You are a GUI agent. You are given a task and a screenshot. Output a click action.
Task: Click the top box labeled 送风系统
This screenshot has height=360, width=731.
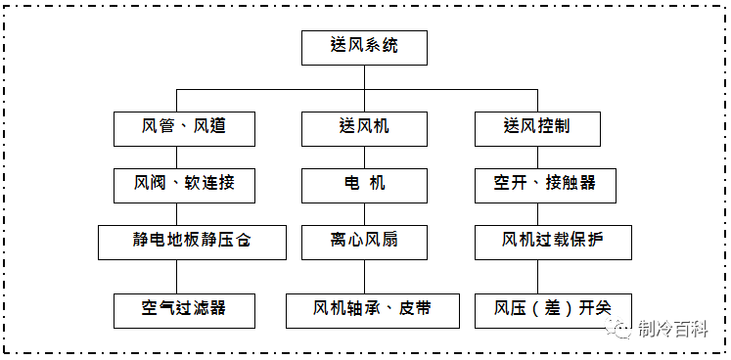point(364,46)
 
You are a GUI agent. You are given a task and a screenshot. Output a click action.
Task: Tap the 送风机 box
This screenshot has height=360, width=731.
point(364,127)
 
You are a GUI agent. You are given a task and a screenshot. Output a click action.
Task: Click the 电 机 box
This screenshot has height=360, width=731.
point(364,184)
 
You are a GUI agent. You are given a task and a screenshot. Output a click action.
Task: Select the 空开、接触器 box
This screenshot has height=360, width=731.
point(545,184)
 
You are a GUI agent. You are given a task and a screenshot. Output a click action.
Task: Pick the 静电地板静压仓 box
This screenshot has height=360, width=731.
point(192,241)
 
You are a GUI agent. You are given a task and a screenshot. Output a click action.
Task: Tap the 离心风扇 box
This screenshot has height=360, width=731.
point(364,241)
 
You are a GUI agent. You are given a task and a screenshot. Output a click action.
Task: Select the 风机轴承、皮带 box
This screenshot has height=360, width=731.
point(372,309)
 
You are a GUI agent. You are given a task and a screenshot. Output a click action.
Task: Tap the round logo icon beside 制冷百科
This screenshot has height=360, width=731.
point(622,330)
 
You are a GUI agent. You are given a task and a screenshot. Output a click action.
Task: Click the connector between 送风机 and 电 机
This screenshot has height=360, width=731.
point(364,156)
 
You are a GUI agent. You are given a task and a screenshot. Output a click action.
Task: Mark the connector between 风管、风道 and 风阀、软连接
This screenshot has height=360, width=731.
point(176,156)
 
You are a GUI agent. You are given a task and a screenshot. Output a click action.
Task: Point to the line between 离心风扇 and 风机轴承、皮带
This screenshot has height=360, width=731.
point(364,275)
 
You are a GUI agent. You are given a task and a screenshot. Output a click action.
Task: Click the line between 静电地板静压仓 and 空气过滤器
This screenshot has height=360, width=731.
point(176,275)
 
